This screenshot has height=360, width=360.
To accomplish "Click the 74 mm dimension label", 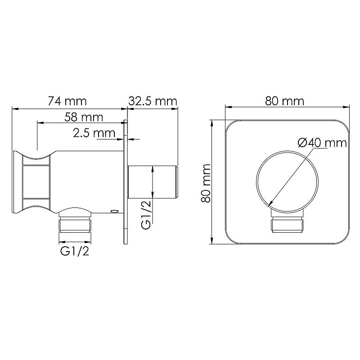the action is (x=67, y=101).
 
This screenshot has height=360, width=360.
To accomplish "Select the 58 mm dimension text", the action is (x=84, y=117).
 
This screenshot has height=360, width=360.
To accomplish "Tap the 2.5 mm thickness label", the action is (x=94, y=133).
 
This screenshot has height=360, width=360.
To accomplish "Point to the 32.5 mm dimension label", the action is (x=153, y=101).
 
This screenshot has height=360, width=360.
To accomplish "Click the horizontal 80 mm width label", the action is (x=285, y=101).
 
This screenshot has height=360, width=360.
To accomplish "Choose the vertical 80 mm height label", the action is (x=206, y=183).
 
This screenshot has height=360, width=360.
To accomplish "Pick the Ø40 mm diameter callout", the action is (x=322, y=143).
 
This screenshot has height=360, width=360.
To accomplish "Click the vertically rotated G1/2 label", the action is (x=146, y=215).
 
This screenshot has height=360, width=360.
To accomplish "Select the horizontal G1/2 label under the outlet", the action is (x=75, y=252).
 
